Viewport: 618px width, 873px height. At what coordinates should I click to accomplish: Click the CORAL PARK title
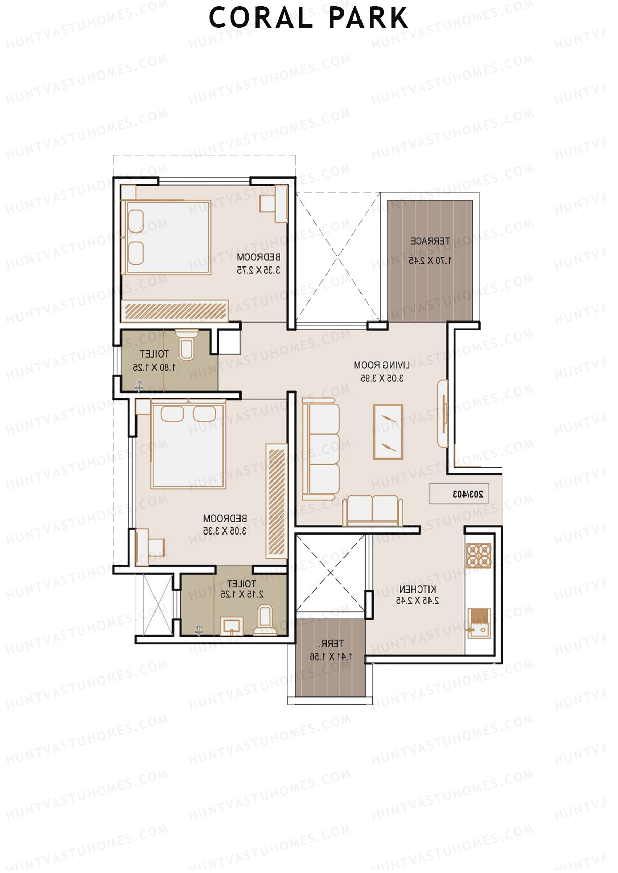coord(308,18)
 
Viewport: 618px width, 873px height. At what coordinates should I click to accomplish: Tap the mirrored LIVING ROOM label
coord(382,365)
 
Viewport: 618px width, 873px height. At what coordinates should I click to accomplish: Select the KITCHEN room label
coord(417,589)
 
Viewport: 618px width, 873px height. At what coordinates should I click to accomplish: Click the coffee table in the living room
coord(388,432)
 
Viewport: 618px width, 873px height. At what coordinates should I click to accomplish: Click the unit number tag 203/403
coord(465,494)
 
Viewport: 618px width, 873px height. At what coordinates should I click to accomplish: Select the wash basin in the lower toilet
coord(231,627)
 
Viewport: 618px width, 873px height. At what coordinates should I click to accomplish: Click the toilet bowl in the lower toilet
coord(265,620)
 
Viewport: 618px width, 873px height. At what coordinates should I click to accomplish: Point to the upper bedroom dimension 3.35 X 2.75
coord(259,270)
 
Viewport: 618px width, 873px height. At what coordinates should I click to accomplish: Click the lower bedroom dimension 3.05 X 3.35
coord(225,531)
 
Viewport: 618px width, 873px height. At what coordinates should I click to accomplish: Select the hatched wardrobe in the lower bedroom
coord(277,502)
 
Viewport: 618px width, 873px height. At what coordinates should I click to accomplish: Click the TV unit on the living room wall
coord(442,414)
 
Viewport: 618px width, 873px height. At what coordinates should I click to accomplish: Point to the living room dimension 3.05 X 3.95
coord(382,378)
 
